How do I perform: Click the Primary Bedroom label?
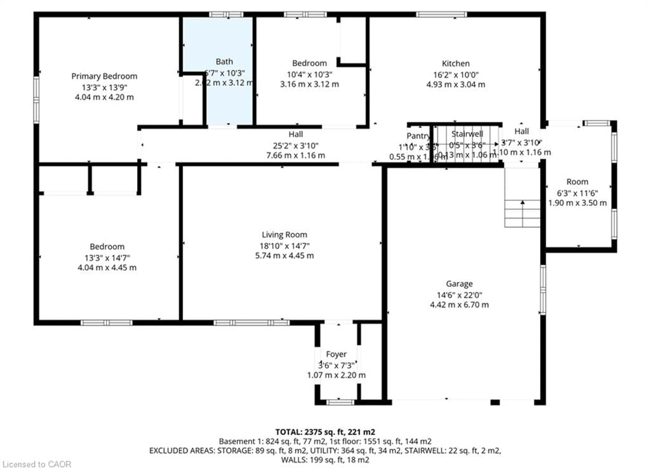104,76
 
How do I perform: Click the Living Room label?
284,235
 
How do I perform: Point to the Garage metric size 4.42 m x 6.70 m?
459,304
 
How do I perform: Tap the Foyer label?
336,354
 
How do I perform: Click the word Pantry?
418,136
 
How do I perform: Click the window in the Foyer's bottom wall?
340,402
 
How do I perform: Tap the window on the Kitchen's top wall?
441,14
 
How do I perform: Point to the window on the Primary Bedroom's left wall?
36,100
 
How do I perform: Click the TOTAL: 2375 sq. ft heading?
325,432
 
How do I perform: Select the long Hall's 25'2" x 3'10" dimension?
296,146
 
